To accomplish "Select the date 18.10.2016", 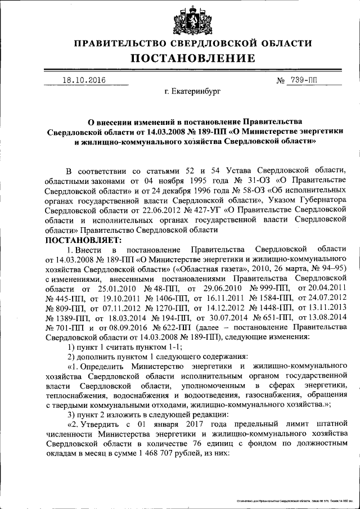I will [x=84, y=80].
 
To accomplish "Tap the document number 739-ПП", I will [x=304, y=80].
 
